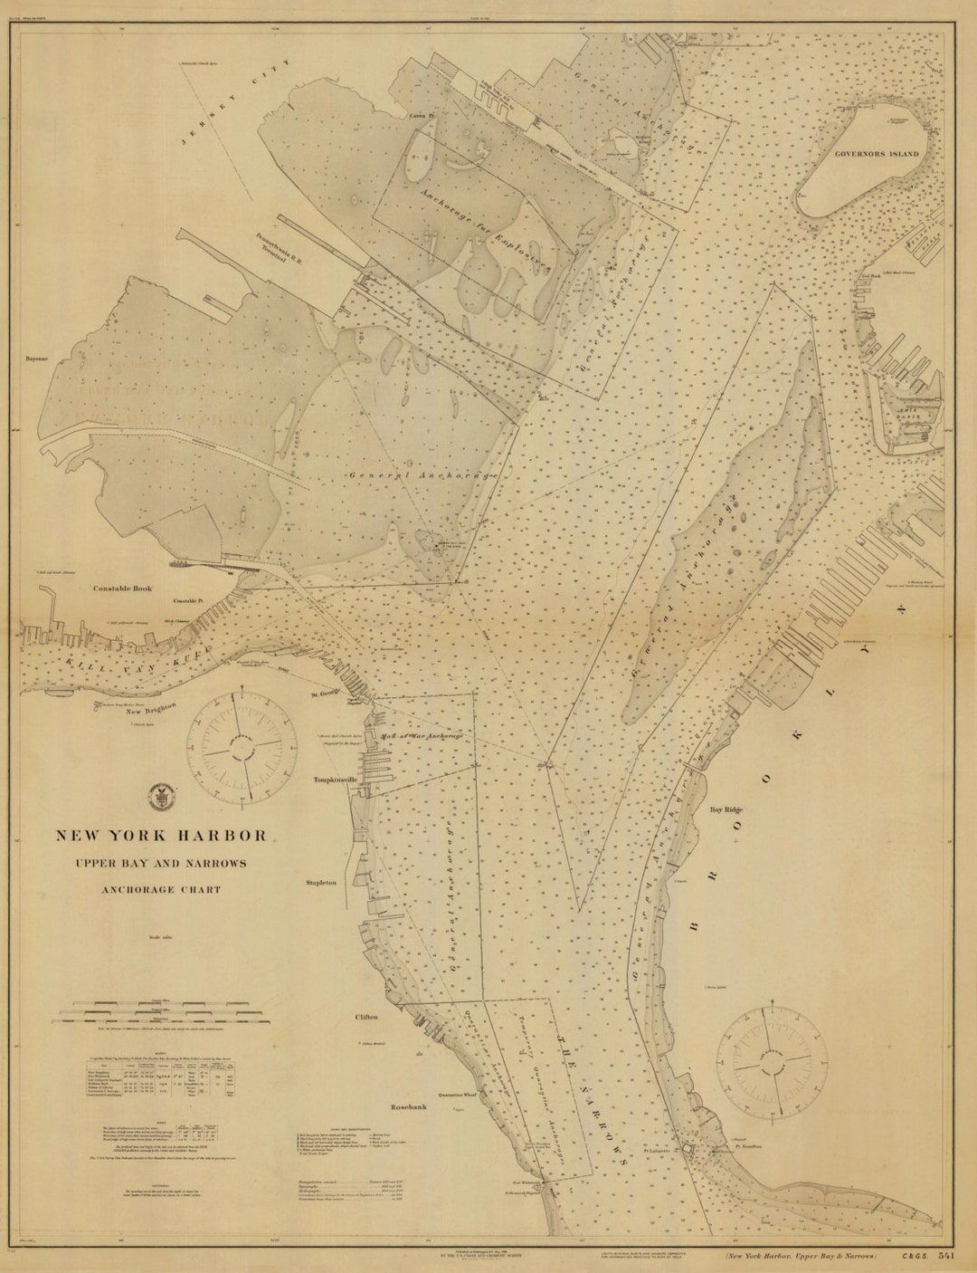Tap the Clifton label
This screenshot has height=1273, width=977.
pyautogui.click(x=366, y=1017)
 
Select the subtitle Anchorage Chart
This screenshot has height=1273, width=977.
pyautogui.click(x=162, y=889)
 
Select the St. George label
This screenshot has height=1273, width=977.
pyautogui.click(x=324, y=694)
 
